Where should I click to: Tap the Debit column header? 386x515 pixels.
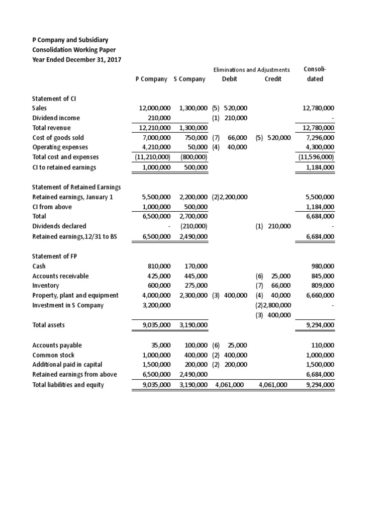click(x=229, y=79)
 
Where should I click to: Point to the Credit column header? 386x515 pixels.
click(x=273, y=79)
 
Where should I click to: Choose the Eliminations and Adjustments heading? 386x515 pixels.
click(x=252, y=69)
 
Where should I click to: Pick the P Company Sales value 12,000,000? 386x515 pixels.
click(x=155, y=108)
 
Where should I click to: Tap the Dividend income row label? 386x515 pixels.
click(x=56, y=118)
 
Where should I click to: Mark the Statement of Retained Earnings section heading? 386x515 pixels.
click(x=76, y=187)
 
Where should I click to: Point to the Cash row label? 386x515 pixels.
click(x=39, y=266)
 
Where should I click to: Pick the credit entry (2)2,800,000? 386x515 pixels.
click(x=273, y=305)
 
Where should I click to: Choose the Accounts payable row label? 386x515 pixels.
click(x=57, y=345)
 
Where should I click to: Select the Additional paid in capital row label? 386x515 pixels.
click(x=67, y=364)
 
